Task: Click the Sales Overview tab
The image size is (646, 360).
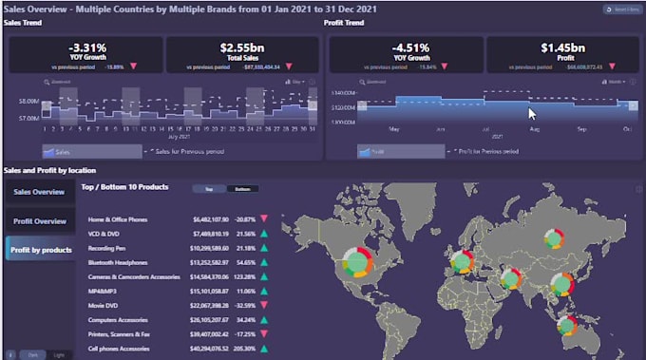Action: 38,192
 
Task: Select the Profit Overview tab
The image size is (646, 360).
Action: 38,221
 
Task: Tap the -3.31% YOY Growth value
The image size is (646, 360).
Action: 86,47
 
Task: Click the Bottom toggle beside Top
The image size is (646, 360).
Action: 242,189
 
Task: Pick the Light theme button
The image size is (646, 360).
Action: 60,353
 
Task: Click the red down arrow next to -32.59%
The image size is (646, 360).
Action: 263,305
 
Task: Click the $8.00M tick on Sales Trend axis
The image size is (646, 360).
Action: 27,101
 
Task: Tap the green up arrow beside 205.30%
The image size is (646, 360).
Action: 263,349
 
